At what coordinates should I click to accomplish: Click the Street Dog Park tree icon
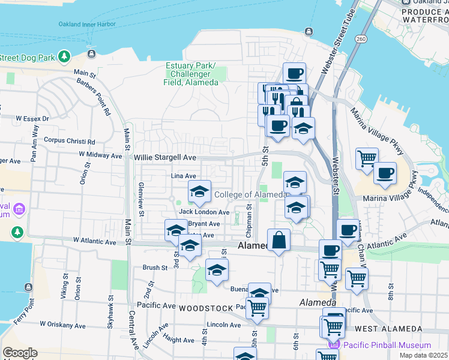click(x=64, y=58)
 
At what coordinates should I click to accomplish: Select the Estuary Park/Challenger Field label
click(x=191, y=74)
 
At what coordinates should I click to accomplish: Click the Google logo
click(x=20, y=353)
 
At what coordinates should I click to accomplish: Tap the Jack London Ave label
click(x=204, y=212)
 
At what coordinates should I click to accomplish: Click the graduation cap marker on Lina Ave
click(x=199, y=191)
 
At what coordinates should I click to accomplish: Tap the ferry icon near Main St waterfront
click(x=91, y=54)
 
